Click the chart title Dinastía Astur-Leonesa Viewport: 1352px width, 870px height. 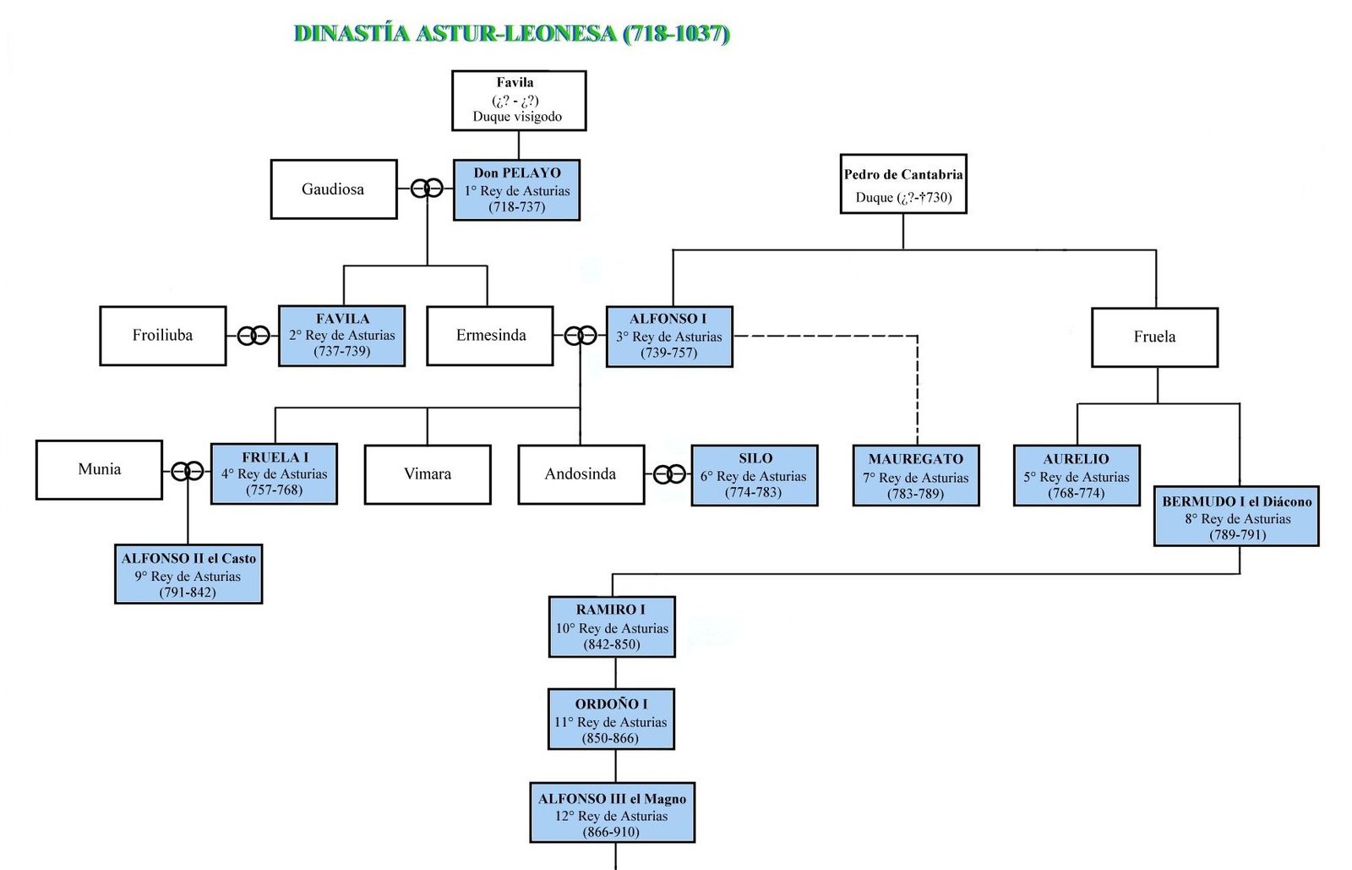(511, 34)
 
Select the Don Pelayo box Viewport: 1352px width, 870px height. (516, 190)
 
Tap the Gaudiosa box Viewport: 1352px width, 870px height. (334, 189)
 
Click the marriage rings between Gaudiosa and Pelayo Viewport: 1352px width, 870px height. (427, 189)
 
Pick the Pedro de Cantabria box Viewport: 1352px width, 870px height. (902, 184)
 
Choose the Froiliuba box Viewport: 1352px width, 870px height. (163, 336)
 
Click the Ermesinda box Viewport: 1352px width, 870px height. (490, 336)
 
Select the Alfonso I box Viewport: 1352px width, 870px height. (669, 337)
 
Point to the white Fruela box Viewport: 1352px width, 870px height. (1154, 337)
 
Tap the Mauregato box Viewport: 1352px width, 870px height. (916, 476)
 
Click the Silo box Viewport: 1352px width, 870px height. (754, 475)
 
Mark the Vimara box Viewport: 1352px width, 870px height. (428, 474)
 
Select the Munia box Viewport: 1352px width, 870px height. (99, 469)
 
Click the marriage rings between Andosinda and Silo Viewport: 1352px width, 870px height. (669, 474)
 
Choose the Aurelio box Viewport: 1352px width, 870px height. (1077, 476)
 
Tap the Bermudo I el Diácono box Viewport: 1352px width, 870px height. (1236, 517)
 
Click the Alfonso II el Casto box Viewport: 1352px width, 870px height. (188, 574)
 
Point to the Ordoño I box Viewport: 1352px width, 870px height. (611, 720)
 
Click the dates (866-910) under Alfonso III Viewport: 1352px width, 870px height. (611, 832)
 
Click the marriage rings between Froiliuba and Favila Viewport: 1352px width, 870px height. (253, 336)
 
